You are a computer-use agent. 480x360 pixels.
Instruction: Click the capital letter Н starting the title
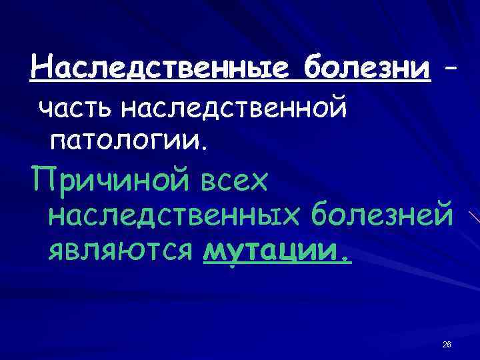tap(43, 67)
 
